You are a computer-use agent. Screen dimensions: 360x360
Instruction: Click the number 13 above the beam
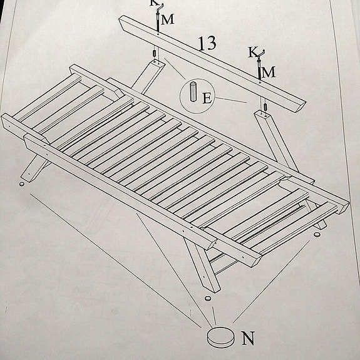tap(207, 43)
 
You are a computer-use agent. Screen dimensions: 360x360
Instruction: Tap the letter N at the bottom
tap(248, 339)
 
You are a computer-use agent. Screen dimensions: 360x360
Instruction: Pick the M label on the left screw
tap(167, 19)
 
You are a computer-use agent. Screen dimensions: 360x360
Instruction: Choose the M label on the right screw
tap(269, 72)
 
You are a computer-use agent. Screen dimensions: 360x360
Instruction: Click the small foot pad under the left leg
tap(23, 183)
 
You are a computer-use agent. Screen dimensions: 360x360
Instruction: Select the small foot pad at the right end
tap(316, 235)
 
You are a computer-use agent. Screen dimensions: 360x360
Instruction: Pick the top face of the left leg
tap(155, 62)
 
